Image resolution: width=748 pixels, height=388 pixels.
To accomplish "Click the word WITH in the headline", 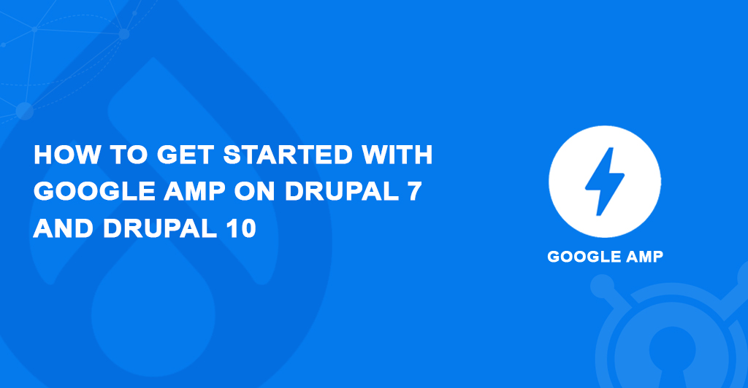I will tap(397, 156).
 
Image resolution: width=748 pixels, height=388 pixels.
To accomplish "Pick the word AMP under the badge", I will tap(644, 257).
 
